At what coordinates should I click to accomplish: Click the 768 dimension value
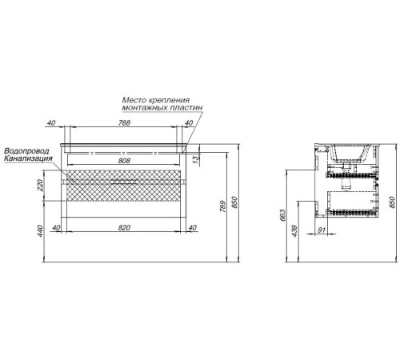click(124, 122)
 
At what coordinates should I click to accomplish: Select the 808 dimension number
click(124, 161)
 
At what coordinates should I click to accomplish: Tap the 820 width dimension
click(124, 227)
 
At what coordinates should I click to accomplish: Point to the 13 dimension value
click(195, 159)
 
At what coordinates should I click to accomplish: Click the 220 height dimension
click(40, 186)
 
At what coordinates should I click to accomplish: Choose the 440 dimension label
click(40, 231)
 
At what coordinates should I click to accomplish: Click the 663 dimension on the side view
click(282, 215)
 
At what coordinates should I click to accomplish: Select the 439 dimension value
click(294, 231)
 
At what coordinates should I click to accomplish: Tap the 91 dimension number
click(322, 230)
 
